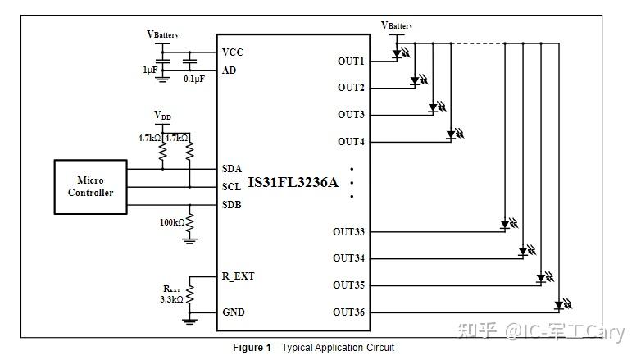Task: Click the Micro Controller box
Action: [x=90, y=187]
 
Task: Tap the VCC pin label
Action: [x=233, y=52]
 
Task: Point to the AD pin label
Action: [x=230, y=71]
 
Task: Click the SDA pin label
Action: [x=232, y=168]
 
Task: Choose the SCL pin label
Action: [x=232, y=186]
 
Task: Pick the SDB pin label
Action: [x=232, y=204]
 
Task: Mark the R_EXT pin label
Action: [x=238, y=276]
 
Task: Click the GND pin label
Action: [x=233, y=312]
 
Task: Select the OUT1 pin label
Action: [x=351, y=61]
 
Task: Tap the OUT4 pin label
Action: [x=351, y=142]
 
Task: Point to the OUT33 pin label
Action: [x=348, y=232]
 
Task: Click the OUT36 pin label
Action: [x=348, y=312]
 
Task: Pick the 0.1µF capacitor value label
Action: [x=194, y=79]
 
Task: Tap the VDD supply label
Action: [x=162, y=116]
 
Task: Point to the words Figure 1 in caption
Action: [x=252, y=348]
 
